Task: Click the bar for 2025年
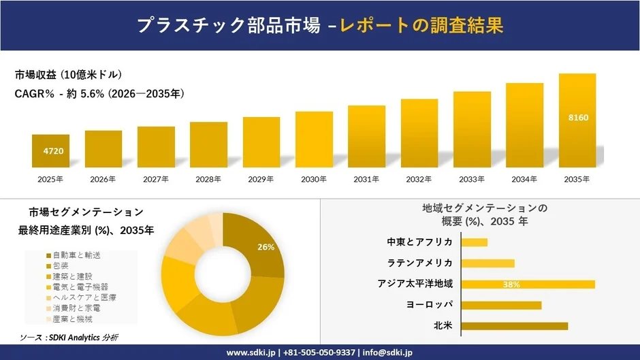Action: click(x=50, y=150)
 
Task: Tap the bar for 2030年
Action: click(x=314, y=140)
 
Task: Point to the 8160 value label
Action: click(x=578, y=118)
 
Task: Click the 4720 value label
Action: click(x=53, y=150)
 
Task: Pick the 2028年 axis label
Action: click(x=208, y=179)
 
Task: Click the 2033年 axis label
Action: click(x=472, y=179)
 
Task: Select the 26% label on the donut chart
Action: click(x=266, y=247)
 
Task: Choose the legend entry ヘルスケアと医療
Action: click(x=80, y=297)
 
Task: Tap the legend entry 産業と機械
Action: click(x=73, y=318)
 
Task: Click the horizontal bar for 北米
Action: click(x=514, y=326)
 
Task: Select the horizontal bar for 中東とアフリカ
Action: click(x=475, y=242)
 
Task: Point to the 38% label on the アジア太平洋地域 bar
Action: click(x=511, y=284)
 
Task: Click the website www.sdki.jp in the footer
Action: click(x=250, y=353)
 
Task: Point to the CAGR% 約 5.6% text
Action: click(x=99, y=93)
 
